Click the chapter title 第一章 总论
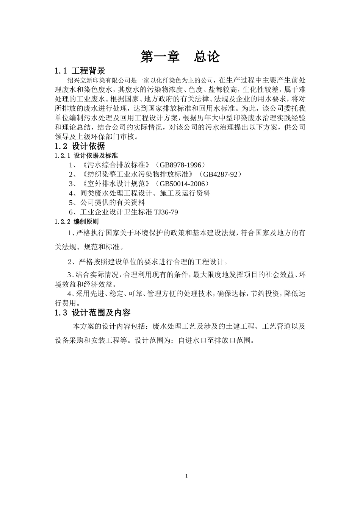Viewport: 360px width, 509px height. click(x=180, y=57)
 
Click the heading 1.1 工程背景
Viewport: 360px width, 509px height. click(x=80, y=71)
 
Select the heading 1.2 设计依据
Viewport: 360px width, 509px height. click(x=80, y=146)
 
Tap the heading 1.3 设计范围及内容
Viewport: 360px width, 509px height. click(x=93, y=313)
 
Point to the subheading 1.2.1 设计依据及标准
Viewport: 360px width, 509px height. click(x=86, y=156)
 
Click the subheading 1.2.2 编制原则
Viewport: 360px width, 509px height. click(x=77, y=222)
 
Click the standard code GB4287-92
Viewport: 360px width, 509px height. click(x=220, y=174)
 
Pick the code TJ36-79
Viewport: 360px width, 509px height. click(x=166, y=212)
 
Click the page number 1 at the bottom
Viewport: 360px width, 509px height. click(x=186, y=476)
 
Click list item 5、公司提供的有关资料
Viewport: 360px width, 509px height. click(x=107, y=203)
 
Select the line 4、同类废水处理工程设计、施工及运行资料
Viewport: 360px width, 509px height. click(x=139, y=193)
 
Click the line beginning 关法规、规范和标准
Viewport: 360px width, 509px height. click(x=89, y=247)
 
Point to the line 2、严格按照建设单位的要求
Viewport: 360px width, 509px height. click(x=148, y=262)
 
